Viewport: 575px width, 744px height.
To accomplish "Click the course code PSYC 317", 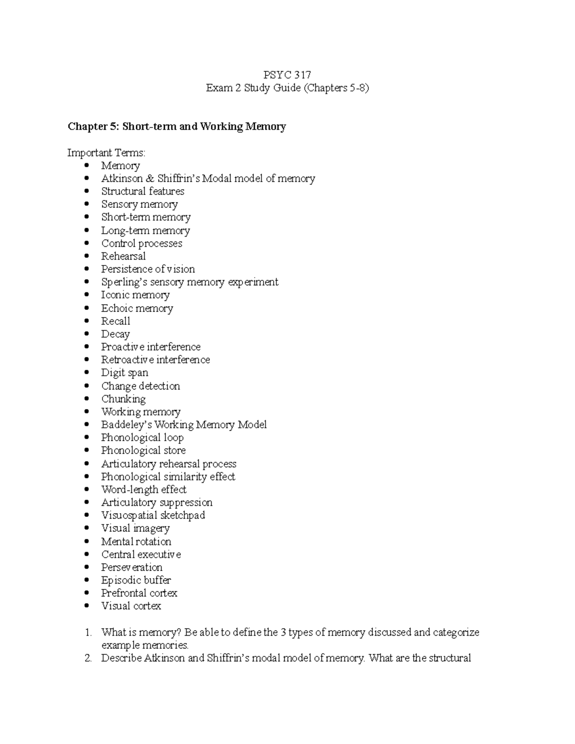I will pos(287,75).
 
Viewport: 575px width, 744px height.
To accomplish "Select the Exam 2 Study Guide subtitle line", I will pos(287,88).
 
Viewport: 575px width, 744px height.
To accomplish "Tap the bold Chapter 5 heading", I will pos(177,126).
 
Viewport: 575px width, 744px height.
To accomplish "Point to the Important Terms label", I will pos(106,153).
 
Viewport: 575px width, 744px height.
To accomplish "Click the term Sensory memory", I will pos(139,205).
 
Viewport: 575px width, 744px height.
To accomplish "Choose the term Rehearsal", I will pos(123,256).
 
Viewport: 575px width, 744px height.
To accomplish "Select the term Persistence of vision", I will pos(148,269).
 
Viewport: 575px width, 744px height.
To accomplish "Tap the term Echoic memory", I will pos(137,309).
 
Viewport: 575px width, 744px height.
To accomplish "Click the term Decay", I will pos(115,334).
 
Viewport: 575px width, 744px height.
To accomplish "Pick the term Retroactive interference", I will pos(155,360).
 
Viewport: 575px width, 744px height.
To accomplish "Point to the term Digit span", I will pos(125,373).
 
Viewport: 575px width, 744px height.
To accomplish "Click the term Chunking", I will pos(123,399).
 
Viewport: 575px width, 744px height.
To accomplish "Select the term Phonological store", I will pos(143,451).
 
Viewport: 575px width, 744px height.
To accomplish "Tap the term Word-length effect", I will pos(144,490).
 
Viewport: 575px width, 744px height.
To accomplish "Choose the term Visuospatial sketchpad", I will pos(153,515).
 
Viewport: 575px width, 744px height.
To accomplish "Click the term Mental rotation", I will pos(136,542).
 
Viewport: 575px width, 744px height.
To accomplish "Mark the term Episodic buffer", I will pos(136,580).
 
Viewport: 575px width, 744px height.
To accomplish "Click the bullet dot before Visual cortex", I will pos(87,606).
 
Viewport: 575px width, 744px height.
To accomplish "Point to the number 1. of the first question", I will pos(88,632).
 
